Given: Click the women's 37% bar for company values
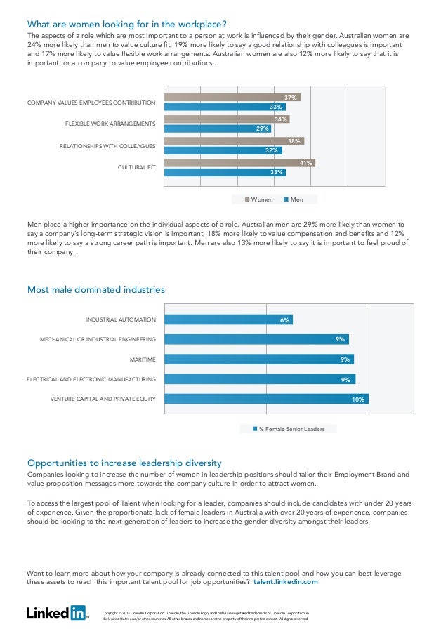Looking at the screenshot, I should point(232,97).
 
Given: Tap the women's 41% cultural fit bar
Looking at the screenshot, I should point(239,163).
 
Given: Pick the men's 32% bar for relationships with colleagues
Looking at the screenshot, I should point(223,150).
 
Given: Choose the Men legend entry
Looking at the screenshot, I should point(294,199).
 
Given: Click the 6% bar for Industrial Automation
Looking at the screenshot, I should point(228,319).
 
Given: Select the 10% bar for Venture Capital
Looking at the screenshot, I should point(266,399).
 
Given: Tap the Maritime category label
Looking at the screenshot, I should point(143,359).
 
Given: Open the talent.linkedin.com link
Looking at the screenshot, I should point(285,582).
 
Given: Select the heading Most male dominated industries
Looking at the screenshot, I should point(95,289).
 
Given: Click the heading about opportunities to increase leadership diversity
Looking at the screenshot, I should point(124,463).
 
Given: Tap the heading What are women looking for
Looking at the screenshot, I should point(126,24).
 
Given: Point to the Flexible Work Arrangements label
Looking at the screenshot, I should point(110,124).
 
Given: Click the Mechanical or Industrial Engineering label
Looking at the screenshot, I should point(98,340).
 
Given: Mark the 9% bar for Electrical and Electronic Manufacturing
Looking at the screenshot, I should point(260,379).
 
